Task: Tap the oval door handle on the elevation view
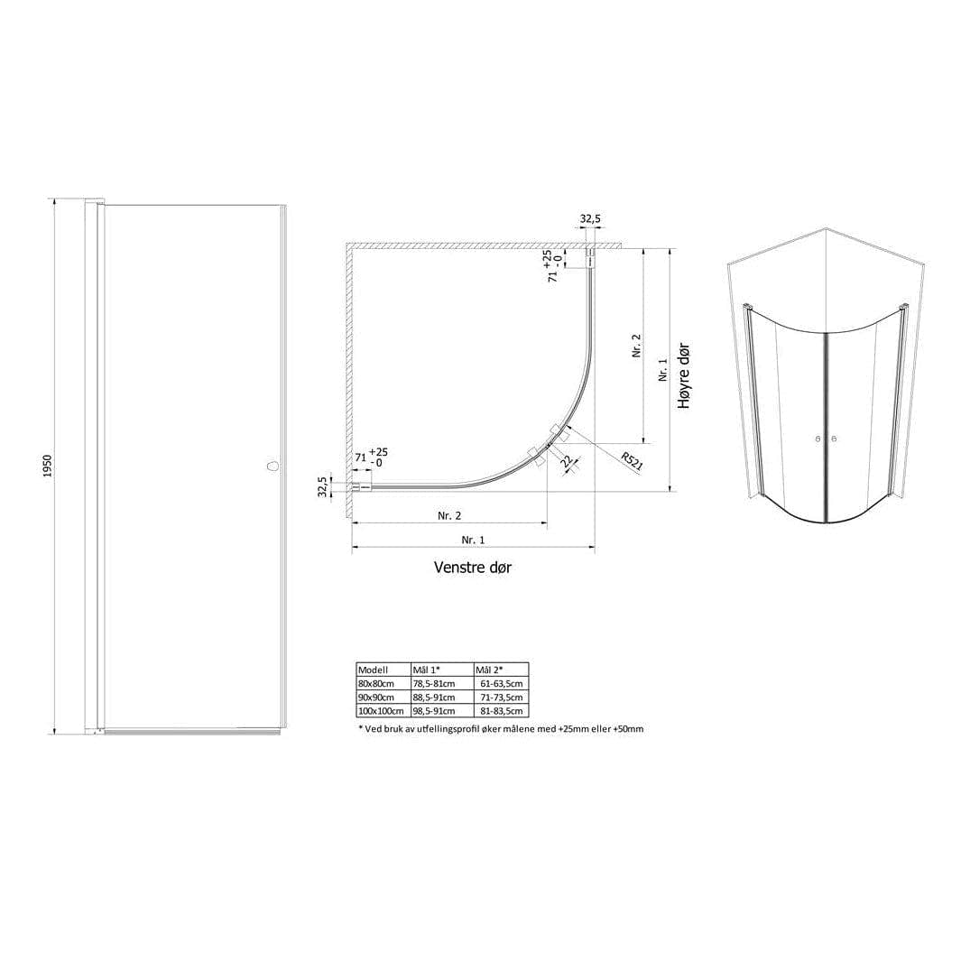[x=273, y=466]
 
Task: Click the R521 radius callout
[x=632, y=461]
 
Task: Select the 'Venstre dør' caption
[x=473, y=567]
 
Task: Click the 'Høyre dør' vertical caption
[x=684, y=375]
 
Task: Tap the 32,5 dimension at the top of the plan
[x=590, y=218]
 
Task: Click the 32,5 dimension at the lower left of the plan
[x=323, y=486]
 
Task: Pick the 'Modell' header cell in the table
[x=373, y=670]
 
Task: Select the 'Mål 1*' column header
[x=427, y=670]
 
